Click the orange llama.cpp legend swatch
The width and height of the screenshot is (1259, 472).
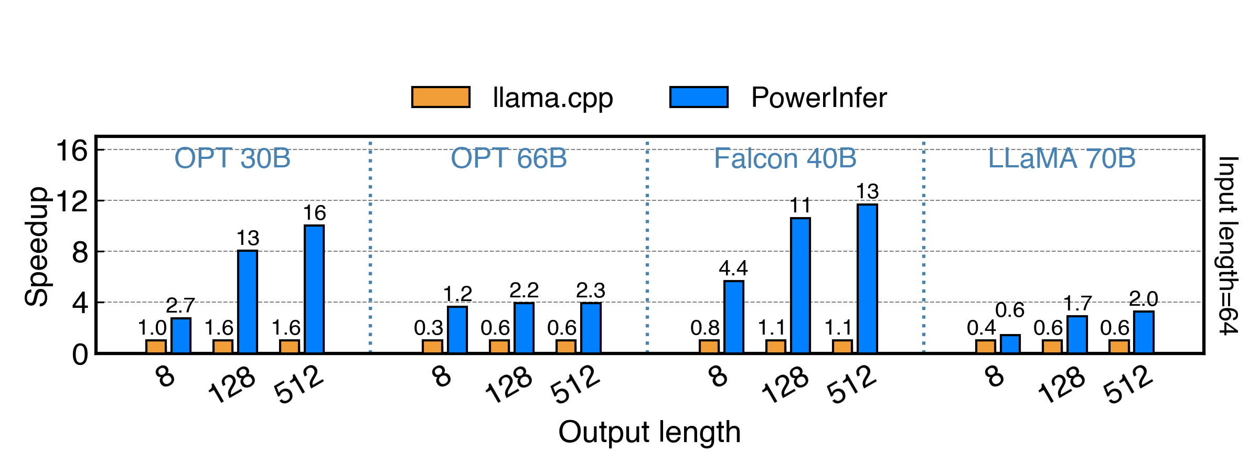pos(441,98)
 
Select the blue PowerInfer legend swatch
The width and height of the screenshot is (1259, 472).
pos(699,98)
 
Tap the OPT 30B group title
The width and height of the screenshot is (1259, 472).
pos(232,158)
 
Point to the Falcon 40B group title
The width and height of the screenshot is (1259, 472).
pos(785,158)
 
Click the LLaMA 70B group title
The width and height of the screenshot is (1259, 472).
pos(1062,158)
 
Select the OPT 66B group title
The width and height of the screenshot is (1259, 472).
pos(509,158)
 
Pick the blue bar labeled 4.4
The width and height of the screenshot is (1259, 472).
pos(733,317)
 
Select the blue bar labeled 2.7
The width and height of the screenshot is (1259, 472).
pos(181,336)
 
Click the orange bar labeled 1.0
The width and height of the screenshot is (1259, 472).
pos(156,347)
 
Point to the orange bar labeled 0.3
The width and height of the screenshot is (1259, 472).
pos(432,347)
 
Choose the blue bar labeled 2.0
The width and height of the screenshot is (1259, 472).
pos(1144,332)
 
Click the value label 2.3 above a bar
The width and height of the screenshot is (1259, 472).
pos(591,291)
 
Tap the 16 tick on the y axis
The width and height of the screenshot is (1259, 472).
pos(72,151)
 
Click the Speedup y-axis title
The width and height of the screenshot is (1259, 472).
pos(37,246)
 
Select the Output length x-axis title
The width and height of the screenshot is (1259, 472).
pos(649,432)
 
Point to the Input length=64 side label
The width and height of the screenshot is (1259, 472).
pos(1228,245)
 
